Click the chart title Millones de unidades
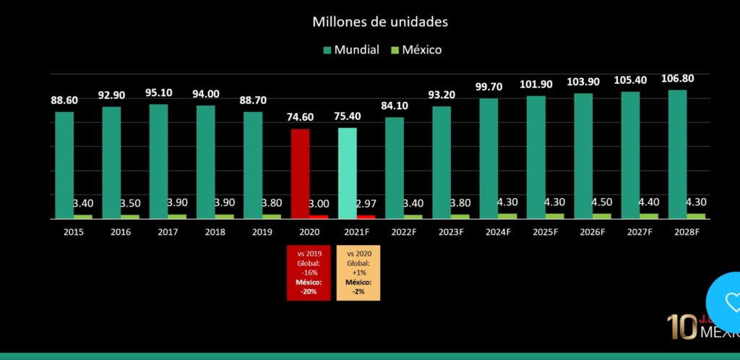click(x=379, y=22)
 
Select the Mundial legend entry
click(x=350, y=50)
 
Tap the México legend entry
click(x=416, y=50)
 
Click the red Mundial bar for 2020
click(x=300, y=173)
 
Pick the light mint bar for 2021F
click(x=347, y=173)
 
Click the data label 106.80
click(x=677, y=79)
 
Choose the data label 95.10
click(x=159, y=93)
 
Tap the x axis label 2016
click(x=111, y=232)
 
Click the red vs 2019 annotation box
click(x=309, y=273)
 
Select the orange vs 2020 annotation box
click(x=358, y=273)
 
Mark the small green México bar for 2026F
click(x=602, y=215)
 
